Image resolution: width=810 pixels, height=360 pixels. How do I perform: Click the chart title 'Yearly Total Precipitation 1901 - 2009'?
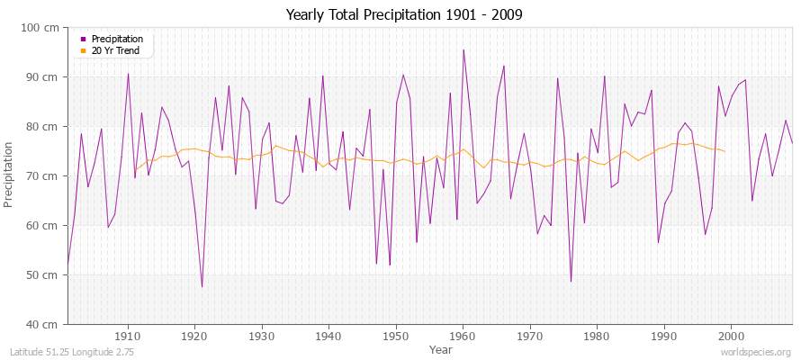click(404, 14)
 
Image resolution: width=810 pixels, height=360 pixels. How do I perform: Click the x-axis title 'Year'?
click(440, 349)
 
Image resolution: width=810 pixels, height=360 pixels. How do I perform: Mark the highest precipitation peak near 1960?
click(463, 50)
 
